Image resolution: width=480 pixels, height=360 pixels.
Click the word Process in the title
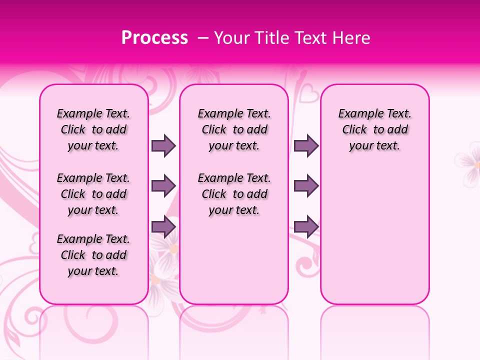[x=154, y=38]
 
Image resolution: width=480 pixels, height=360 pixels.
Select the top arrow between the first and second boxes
[x=163, y=145]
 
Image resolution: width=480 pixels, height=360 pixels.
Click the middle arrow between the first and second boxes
[x=163, y=186]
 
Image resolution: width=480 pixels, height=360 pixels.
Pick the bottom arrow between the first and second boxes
[x=163, y=226]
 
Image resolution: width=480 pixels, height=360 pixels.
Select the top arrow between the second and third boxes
[x=306, y=145]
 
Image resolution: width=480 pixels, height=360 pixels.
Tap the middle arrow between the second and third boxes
[x=306, y=186]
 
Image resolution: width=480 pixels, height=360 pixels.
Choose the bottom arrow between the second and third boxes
[x=306, y=226]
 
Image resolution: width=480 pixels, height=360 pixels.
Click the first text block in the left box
[x=93, y=129]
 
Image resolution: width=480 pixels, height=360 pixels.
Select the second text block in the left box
[x=93, y=194]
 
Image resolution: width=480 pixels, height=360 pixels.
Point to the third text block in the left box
[x=93, y=255]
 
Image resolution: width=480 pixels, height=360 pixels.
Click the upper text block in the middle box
[x=234, y=129]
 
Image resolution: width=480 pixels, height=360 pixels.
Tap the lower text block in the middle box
[x=234, y=194]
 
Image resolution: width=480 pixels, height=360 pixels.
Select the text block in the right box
[x=374, y=129]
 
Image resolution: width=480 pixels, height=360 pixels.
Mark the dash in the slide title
[x=203, y=38]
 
